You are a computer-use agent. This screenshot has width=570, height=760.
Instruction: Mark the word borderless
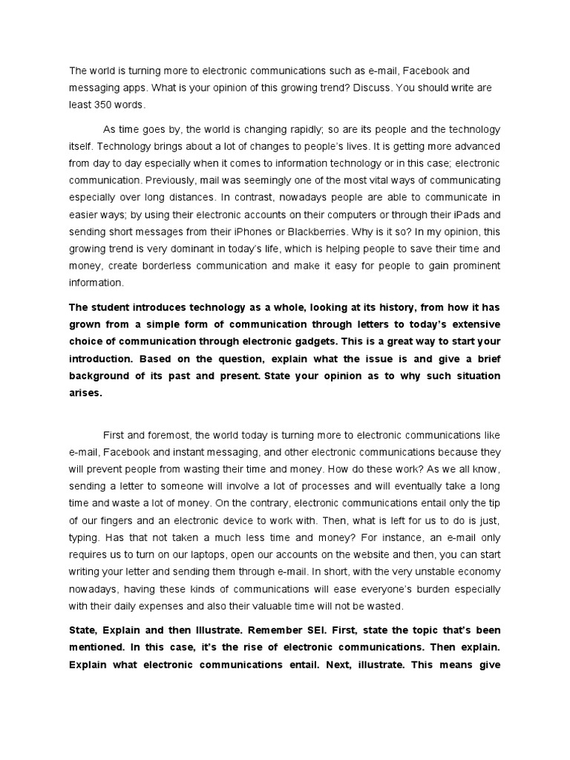coord(166,266)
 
